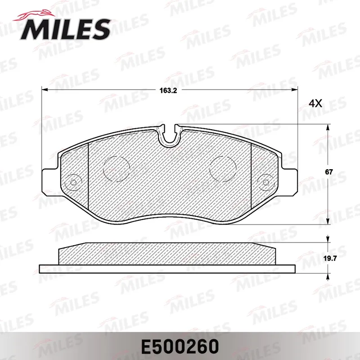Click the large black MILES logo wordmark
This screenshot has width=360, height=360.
[x=65, y=29]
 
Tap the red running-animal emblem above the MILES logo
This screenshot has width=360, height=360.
[x=35, y=16]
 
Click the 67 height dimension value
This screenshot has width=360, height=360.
[x=329, y=172]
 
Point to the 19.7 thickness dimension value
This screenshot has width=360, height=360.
[x=330, y=259]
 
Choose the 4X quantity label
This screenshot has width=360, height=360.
[x=315, y=103]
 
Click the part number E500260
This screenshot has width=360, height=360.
[x=180, y=346]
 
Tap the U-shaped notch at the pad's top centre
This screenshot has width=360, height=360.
[x=170, y=136]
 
